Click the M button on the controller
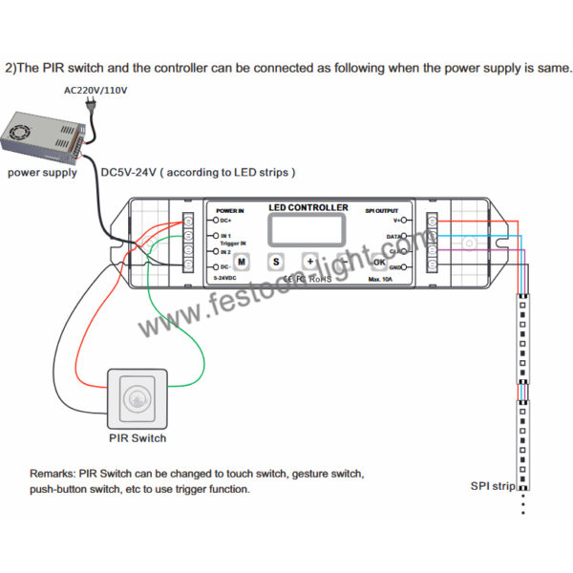click(242, 261)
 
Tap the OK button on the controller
click(379, 261)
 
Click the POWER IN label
click(230, 210)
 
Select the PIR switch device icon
click(141, 399)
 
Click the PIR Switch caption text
click(138, 438)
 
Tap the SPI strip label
click(493, 486)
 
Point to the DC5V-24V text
click(128, 173)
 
